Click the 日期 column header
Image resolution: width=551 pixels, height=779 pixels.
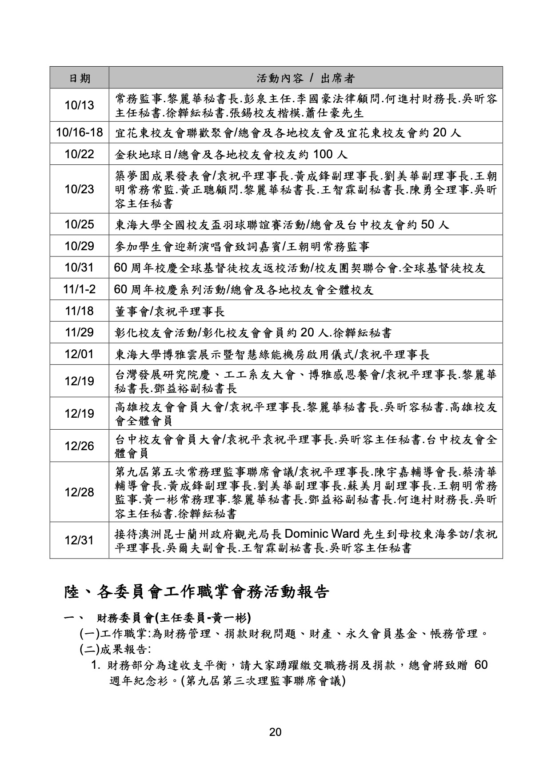80,78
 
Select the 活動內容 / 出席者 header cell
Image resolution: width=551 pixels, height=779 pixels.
306,78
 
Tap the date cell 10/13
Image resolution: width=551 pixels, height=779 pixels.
80,105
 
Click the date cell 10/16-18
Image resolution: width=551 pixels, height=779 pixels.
80,132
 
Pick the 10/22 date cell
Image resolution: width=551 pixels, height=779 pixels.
80,154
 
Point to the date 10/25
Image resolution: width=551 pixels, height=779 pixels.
80,224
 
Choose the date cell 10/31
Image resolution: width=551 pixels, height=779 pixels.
80,268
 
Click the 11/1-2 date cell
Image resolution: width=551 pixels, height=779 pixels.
80,289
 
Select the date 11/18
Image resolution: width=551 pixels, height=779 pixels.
80,311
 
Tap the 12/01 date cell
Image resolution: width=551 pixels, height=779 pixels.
80,354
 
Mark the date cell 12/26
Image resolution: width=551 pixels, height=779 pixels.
80,446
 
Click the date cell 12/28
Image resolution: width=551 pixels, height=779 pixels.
80,492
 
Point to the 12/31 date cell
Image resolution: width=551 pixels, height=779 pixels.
80,540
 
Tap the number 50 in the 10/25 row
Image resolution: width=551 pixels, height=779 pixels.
427,224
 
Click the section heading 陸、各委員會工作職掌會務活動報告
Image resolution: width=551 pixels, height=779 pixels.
197,592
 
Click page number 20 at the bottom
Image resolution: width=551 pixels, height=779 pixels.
275,732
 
